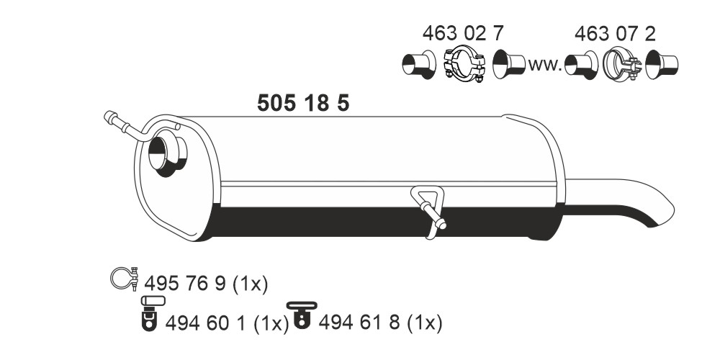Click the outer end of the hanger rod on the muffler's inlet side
click(x=109, y=116)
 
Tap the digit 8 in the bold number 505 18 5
click(x=323, y=103)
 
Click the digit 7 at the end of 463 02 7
click(x=498, y=34)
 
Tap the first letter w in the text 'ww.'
click(x=536, y=66)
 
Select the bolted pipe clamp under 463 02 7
click(x=464, y=63)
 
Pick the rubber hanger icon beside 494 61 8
click(x=302, y=315)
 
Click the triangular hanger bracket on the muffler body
click(x=429, y=211)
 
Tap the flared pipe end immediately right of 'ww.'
click(x=581, y=65)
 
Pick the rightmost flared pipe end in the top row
click(x=662, y=65)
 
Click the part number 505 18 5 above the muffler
click(x=303, y=103)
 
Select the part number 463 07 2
click(x=615, y=34)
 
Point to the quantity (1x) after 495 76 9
click(x=250, y=284)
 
